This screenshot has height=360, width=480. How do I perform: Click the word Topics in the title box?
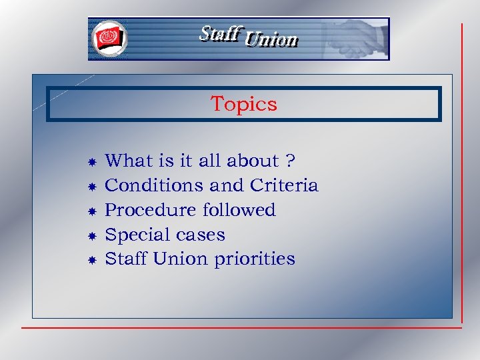point(243,104)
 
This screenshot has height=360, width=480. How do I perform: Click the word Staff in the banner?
point(219,34)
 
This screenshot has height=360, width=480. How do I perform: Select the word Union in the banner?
point(271,41)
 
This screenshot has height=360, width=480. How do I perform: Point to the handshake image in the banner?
point(353,38)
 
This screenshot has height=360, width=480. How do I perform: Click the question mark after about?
point(290,161)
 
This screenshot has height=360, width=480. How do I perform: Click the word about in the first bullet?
point(253,161)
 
